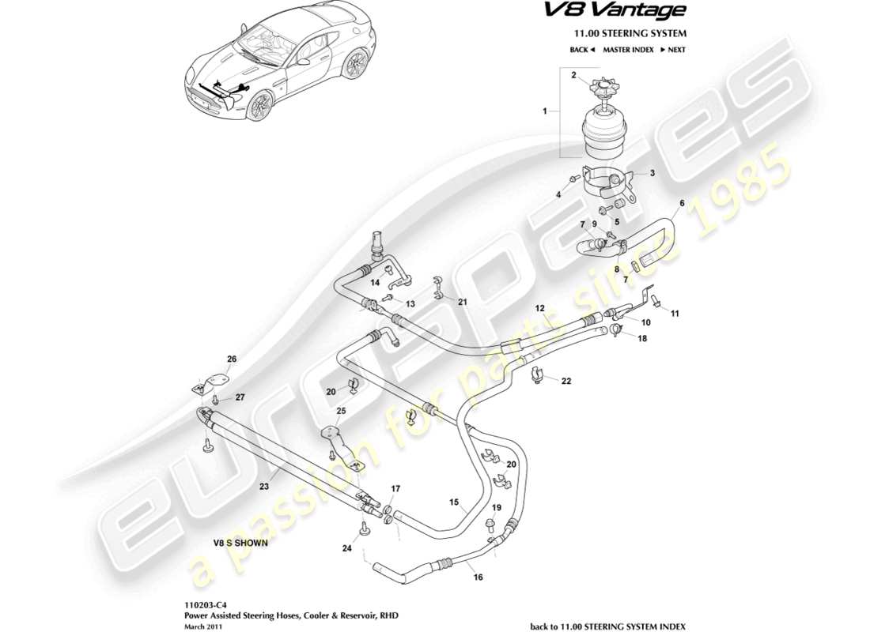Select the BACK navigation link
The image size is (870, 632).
pyautogui.click(x=581, y=50)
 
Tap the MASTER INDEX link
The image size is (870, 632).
pyautogui.click(x=628, y=50)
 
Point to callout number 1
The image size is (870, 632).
pyautogui.click(x=544, y=112)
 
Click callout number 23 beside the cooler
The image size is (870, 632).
pyautogui.click(x=264, y=487)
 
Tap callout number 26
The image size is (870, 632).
pyautogui.click(x=232, y=360)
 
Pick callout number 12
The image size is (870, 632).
pyautogui.click(x=540, y=307)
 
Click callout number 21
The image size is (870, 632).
pyautogui.click(x=463, y=302)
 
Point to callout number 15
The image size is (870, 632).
pyautogui.click(x=454, y=502)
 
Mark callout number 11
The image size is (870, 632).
pyautogui.click(x=675, y=314)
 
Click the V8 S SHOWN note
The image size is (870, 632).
pyautogui.click(x=240, y=543)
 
